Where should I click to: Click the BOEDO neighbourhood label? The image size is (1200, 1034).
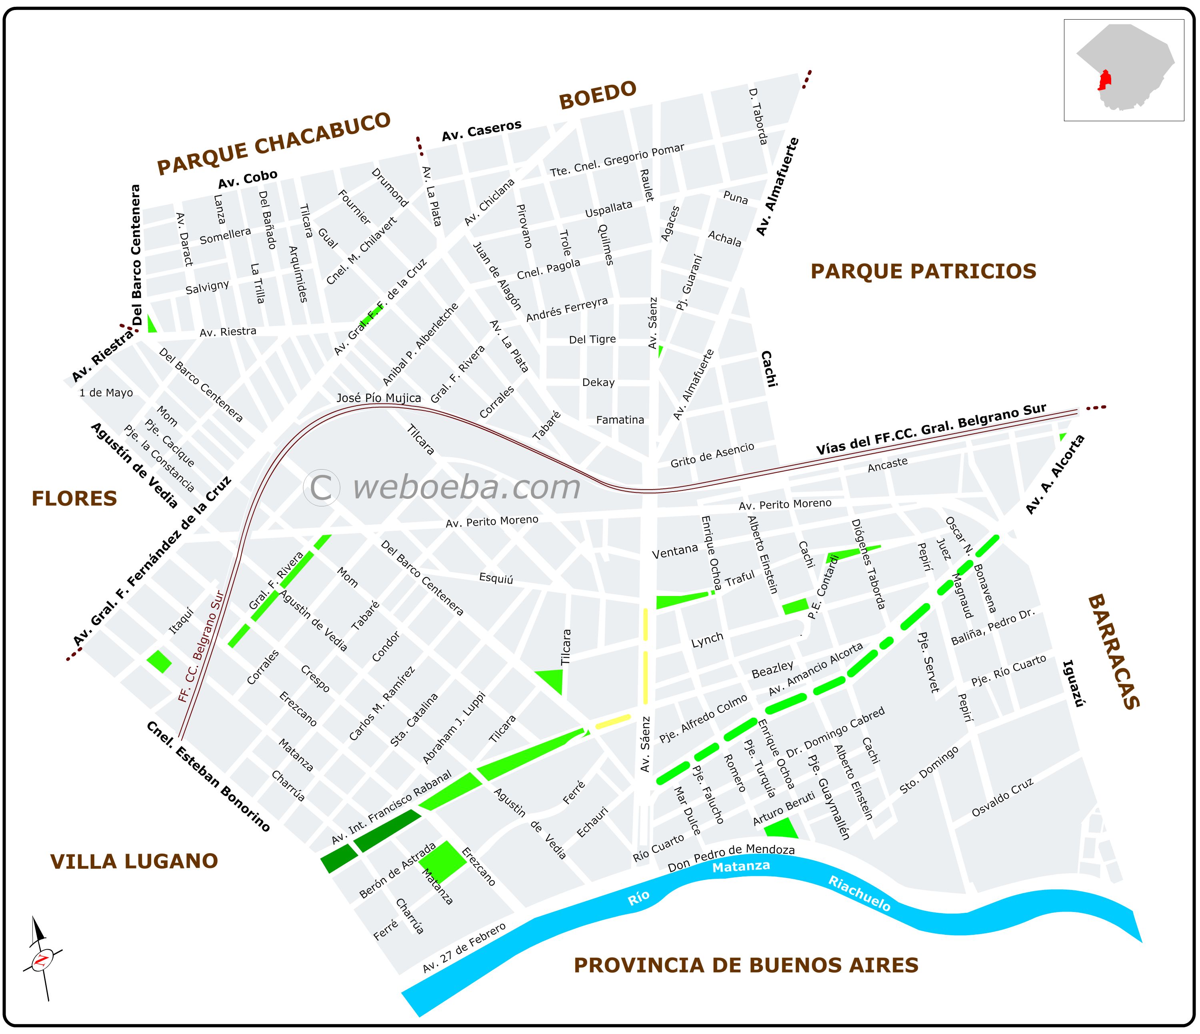pyautogui.click(x=597, y=96)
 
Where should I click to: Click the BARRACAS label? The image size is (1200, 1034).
pyautogui.click(x=1114, y=651)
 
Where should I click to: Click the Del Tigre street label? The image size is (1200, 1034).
pyautogui.click(x=592, y=340)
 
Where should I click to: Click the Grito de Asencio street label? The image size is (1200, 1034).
pyautogui.click(x=712, y=455)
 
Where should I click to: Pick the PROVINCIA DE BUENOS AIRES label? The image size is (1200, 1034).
pyautogui.click(x=746, y=965)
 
